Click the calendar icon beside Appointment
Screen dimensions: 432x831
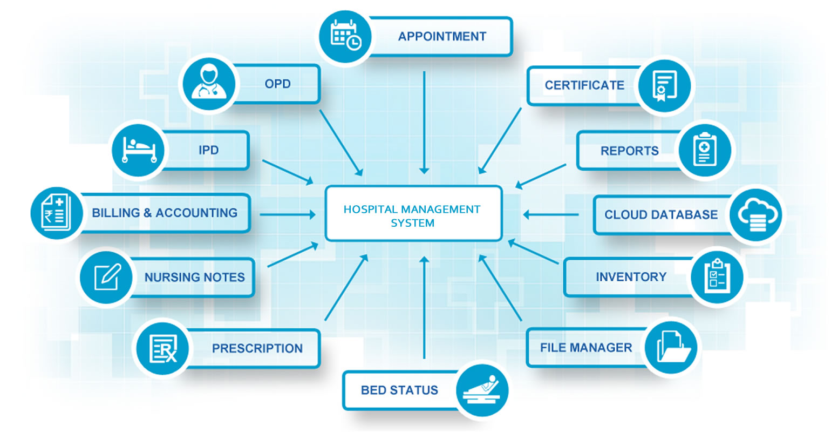pyautogui.click(x=345, y=35)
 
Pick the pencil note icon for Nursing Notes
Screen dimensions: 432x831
pyautogui.click(x=106, y=276)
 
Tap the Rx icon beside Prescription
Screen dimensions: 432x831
pyautogui.click(x=162, y=348)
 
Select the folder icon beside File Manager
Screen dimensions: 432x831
pyautogui.click(x=671, y=347)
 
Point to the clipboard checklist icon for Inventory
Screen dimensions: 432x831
pyautogui.click(x=717, y=276)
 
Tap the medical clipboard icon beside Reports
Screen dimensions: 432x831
pyautogui.click(x=704, y=150)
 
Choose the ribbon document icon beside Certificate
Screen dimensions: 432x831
pyautogui.click(x=664, y=85)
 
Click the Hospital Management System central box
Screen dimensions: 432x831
pyautogui.click(x=413, y=214)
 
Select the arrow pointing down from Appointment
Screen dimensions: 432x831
pyautogui.click(x=425, y=122)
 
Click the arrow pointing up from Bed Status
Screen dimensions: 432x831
pyautogui.click(x=425, y=308)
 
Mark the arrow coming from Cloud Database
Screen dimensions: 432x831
pyautogui.click(x=550, y=215)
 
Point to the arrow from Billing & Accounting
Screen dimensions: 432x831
pyautogui.click(x=288, y=214)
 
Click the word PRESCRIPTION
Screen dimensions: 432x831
pyautogui.click(x=257, y=348)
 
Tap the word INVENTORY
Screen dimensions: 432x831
pyautogui.click(x=631, y=277)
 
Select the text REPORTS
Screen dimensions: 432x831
pyautogui.click(x=629, y=151)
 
